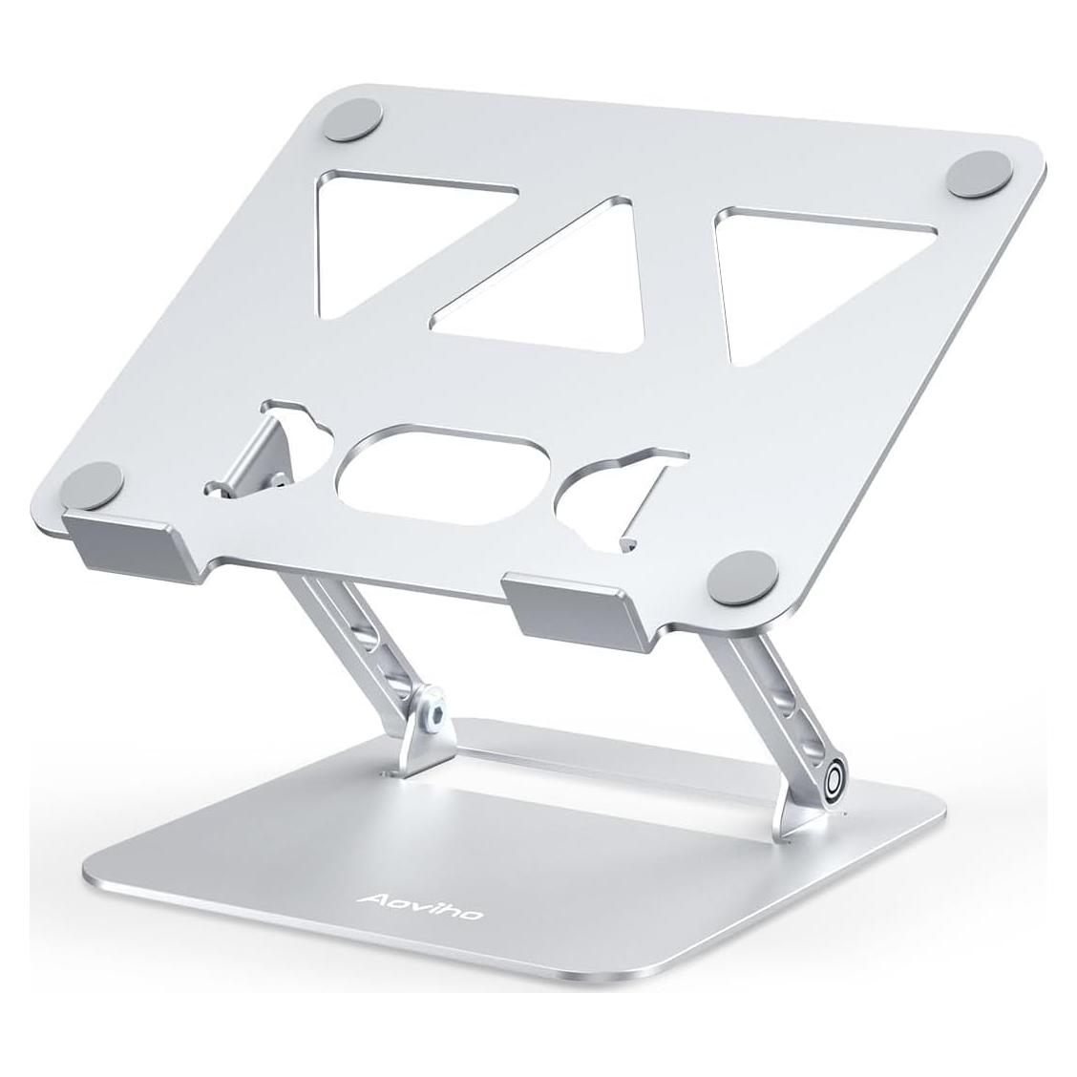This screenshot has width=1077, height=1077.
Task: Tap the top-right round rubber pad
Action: [977, 172]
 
